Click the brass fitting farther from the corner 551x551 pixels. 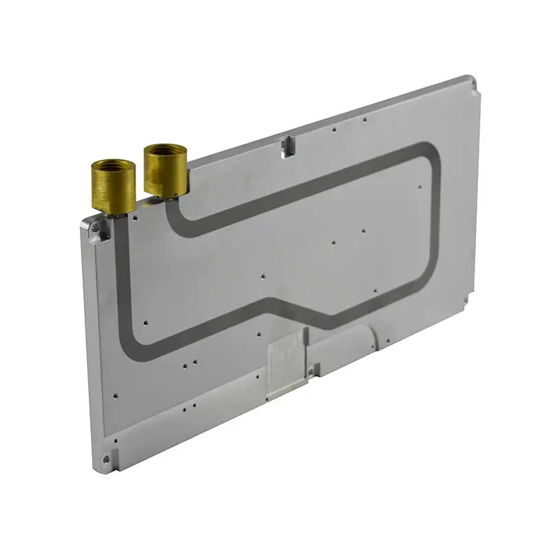pyautogui.click(x=165, y=170)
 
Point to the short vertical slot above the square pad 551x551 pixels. pyautogui.click(x=304, y=337)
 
